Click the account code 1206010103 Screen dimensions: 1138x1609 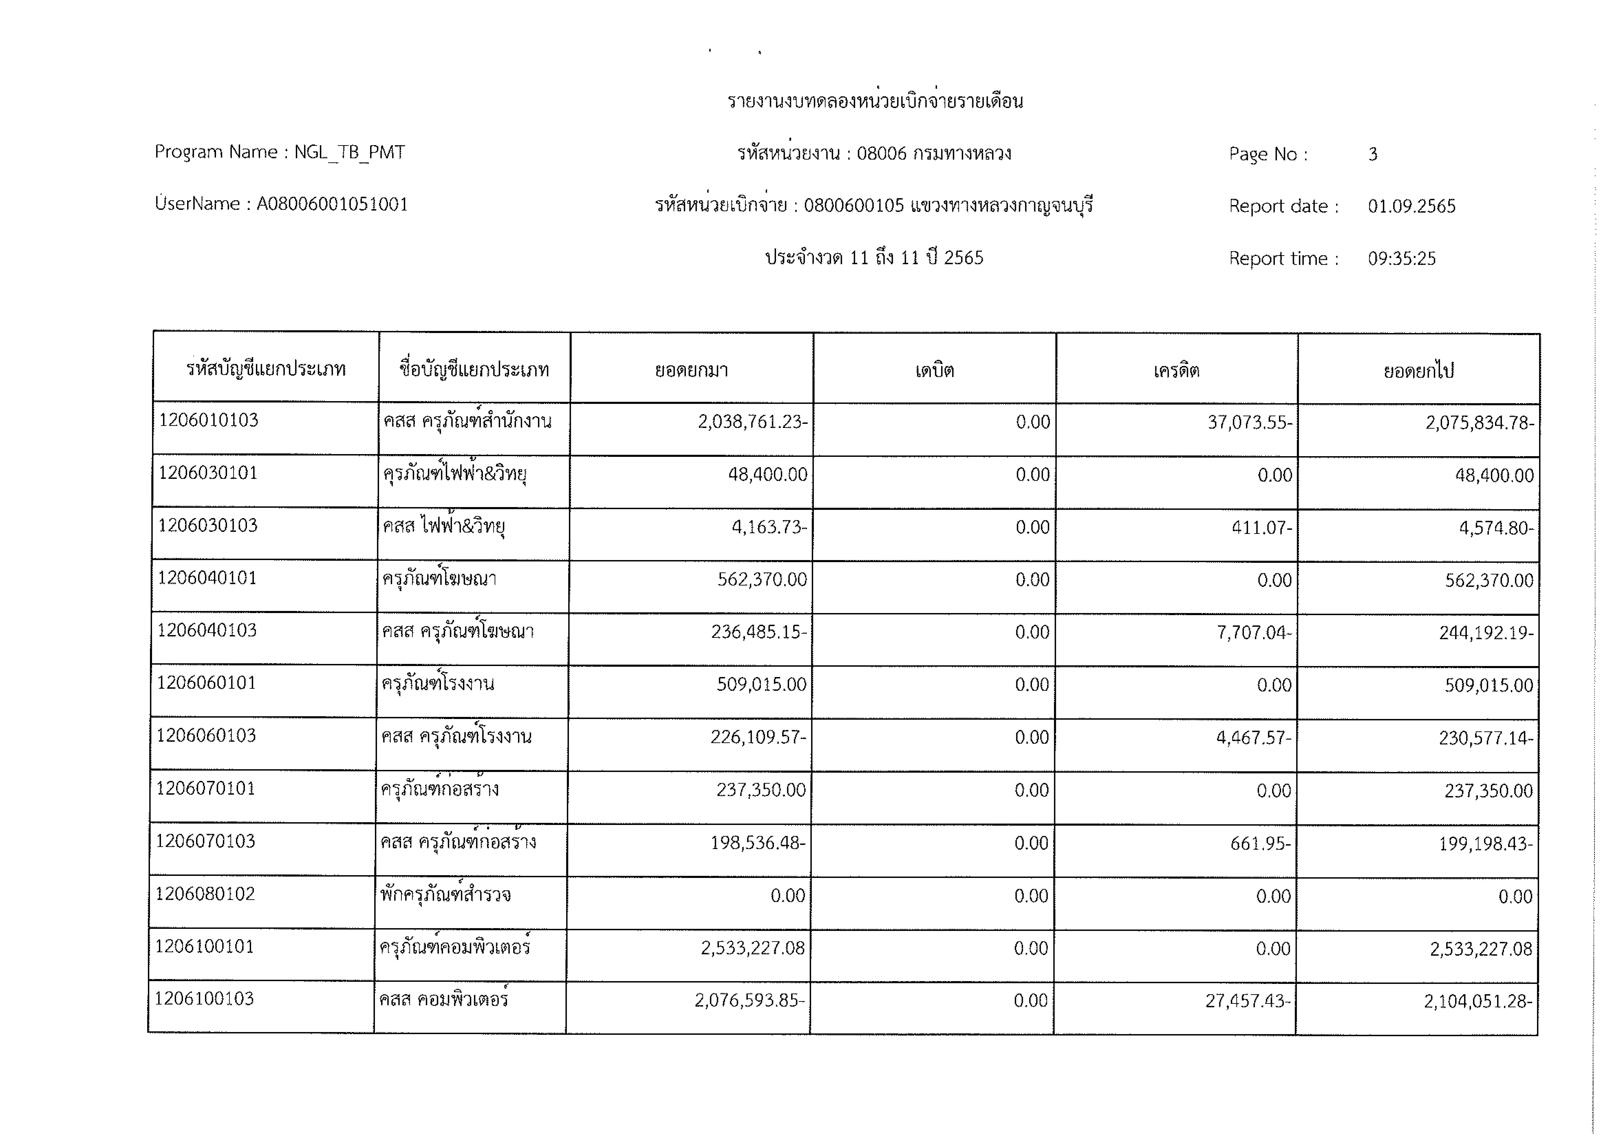[209, 420]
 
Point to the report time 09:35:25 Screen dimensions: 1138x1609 [1401, 258]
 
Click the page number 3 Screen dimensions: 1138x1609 [1373, 154]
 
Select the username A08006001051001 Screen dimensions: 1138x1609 [332, 204]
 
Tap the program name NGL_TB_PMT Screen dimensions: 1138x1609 [350, 152]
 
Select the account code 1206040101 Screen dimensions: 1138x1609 [208, 578]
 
